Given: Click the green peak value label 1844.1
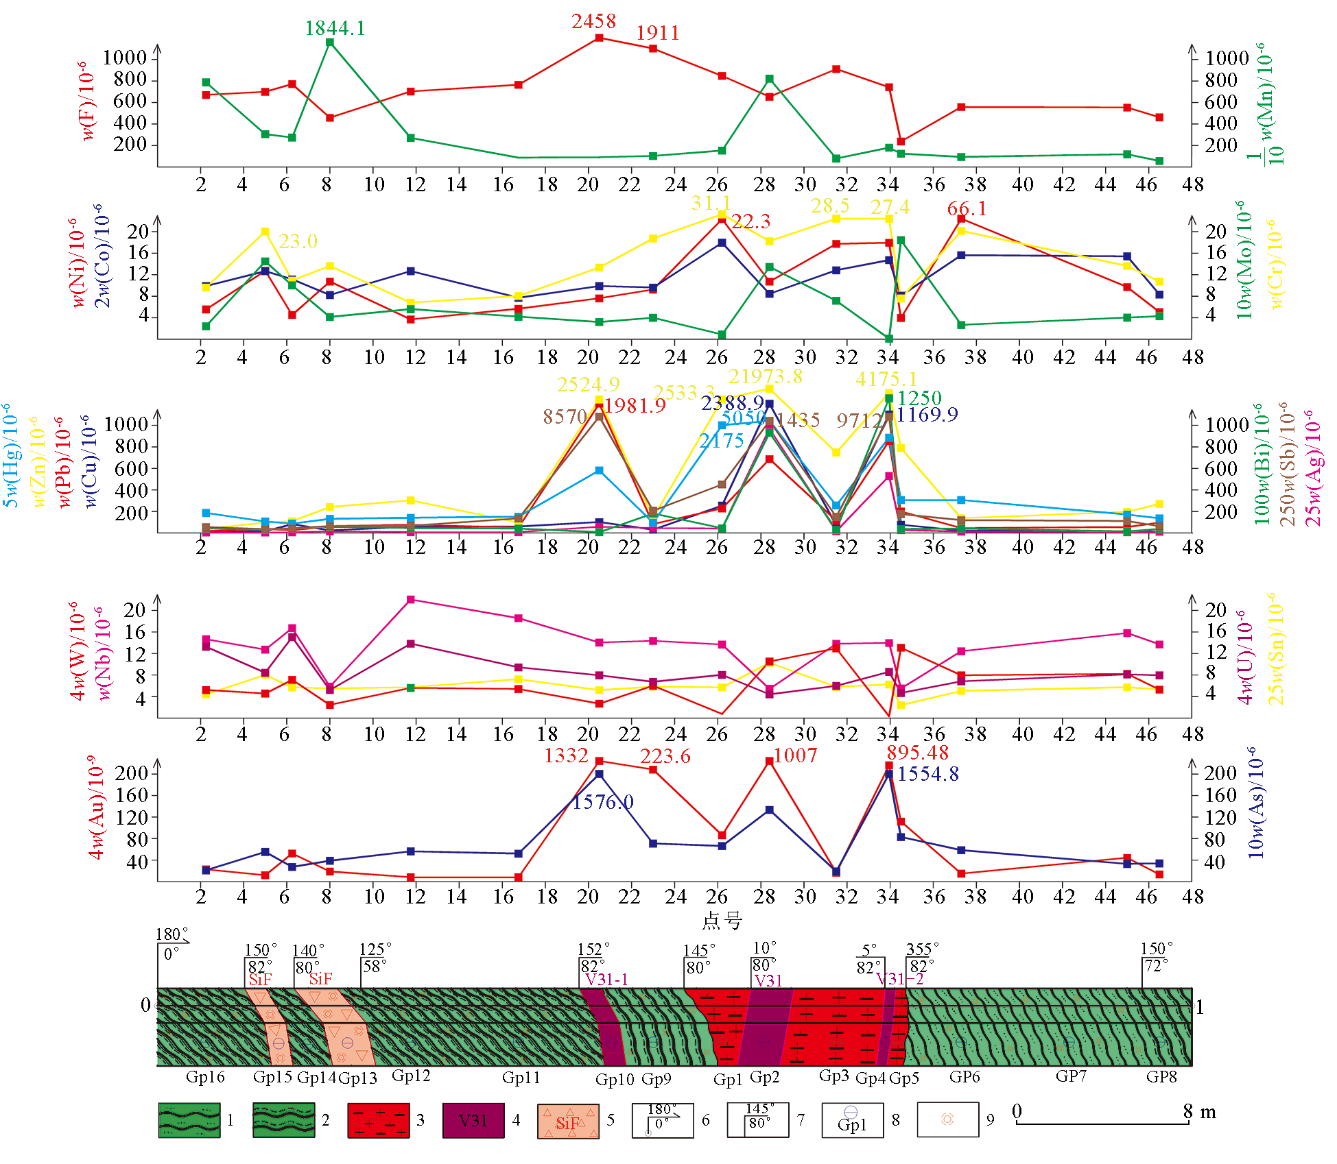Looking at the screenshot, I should click(x=335, y=28).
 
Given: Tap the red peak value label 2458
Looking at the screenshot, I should click(x=594, y=21).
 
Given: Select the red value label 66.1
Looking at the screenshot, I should click(x=967, y=208).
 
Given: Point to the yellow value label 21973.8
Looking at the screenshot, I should click(x=765, y=376).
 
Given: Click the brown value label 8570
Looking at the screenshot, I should click(x=565, y=416).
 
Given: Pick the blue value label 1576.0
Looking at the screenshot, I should click(x=603, y=802).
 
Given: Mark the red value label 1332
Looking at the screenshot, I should click(x=566, y=755).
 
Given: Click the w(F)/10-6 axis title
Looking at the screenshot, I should click(x=87, y=101).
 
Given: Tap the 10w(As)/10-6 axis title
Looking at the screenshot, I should click(x=1255, y=803).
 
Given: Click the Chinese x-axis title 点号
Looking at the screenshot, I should click(x=722, y=921).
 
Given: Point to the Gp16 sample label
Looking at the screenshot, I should click(x=205, y=1077).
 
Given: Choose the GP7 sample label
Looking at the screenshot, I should click(x=1071, y=1076).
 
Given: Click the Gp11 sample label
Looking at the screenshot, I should click(x=521, y=1078).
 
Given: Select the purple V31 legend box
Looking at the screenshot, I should click(x=473, y=1120).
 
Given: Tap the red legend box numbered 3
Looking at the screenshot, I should click(x=378, y=1120).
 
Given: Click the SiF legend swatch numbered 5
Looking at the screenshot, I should click(x=568, y=1121).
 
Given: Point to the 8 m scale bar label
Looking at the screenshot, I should click(x=1199, y=1112).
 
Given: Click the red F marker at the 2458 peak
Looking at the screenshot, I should click(x=600, y=38).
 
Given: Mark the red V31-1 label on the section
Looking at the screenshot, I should click(x=606, y=979).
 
